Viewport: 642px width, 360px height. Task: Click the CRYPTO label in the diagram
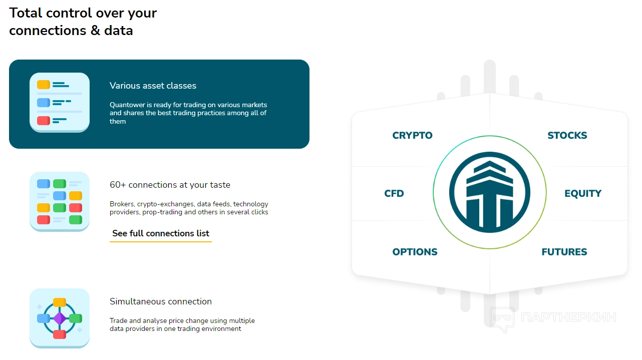pos(412,135)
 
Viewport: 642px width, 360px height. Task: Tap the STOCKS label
pos(567,135)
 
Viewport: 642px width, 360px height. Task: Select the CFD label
pos(394,193)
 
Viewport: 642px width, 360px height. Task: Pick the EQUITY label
pos(583,193)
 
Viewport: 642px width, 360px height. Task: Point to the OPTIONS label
pos(415,252)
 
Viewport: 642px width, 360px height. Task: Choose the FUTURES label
pos(564,252)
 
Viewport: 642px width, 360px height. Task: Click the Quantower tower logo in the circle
pos(490,192)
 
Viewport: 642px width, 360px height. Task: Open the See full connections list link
pos(160,233)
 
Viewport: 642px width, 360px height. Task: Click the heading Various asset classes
pos(153,86)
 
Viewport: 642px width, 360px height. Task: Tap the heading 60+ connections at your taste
pos(170,185)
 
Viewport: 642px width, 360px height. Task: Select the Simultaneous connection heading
pos(160,301)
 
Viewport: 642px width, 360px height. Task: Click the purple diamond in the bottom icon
pos(60,318)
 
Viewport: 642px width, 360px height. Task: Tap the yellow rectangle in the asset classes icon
pos(44,85)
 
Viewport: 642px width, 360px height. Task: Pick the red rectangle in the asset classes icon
pos(44,121)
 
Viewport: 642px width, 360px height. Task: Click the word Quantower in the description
pos(128,105)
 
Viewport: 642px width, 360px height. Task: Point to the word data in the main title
pos(118,31)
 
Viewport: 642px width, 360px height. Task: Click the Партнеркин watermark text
pos(568,317)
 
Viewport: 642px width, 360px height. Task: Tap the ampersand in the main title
pos(95,31)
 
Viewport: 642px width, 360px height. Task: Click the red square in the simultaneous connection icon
pos(60,334)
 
